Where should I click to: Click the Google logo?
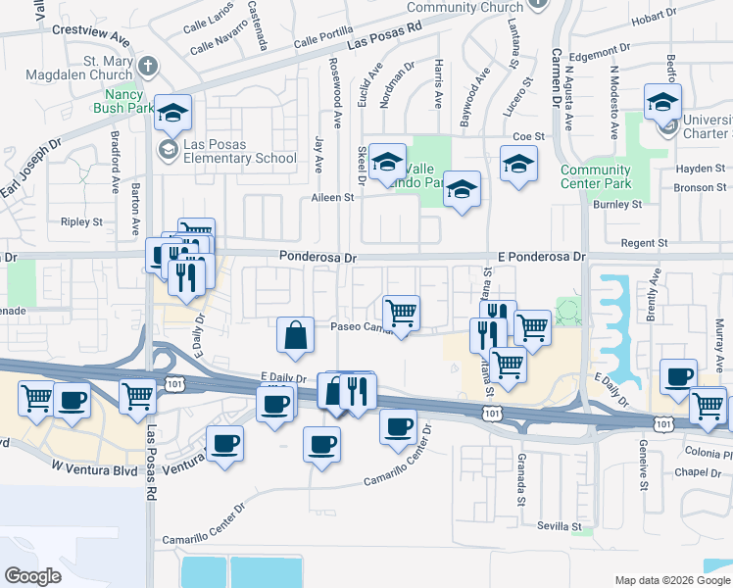pyautogui.click(x=33, y=575)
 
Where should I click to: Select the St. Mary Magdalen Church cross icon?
pyautogui.click(x=148, y=68)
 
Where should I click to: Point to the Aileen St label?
pyautogui.click(x=333, y=197)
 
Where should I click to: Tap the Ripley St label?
pyautogui.click(x=81, y=222)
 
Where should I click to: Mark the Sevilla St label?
pyautogui.click(x=561, y=525)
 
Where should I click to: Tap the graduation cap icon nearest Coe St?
pyautogui.click(x=518, y=164)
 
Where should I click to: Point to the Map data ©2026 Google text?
pyautogui.click(x=671, y=580)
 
